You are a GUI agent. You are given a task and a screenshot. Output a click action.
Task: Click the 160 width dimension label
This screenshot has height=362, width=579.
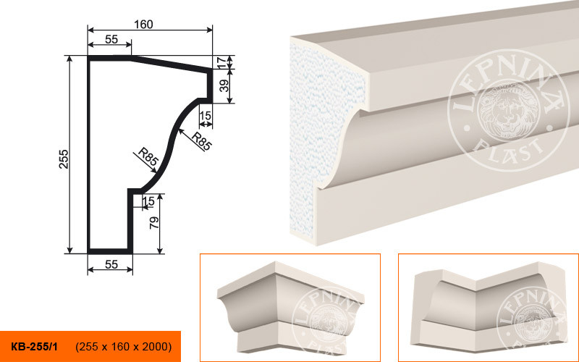coord(143,25)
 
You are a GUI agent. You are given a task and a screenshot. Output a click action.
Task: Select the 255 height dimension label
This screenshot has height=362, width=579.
coord(64,159)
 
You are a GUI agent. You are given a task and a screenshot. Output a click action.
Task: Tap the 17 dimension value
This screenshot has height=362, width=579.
coord(221,62)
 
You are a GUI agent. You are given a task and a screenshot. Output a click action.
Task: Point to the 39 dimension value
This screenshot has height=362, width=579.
coord(224,85)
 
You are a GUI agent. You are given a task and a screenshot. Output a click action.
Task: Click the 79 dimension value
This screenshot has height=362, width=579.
coord(154,222)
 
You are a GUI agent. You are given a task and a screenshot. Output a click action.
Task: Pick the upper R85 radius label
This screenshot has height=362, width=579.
coord(202,140)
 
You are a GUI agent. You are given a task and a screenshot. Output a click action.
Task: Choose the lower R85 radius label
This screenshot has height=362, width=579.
coord(148,156)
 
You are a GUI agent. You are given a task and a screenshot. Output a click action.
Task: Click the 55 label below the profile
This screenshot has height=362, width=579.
coord(111,264)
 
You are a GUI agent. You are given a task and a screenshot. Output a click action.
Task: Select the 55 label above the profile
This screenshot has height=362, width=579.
coord(111,40)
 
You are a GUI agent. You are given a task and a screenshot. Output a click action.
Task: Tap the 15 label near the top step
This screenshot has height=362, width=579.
coord(205,116)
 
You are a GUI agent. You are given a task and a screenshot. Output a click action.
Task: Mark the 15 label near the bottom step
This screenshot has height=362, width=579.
coord(148,201)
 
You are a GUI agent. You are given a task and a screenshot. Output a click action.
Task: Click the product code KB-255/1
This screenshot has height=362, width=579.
coord(34,347)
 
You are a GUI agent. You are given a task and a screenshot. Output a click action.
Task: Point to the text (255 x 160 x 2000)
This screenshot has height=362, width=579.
coord(123,347)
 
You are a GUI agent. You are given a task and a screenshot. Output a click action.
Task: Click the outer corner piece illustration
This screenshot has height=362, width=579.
coord(290,306)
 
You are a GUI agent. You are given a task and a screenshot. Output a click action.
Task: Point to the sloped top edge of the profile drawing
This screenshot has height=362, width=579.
coord(172,64)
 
